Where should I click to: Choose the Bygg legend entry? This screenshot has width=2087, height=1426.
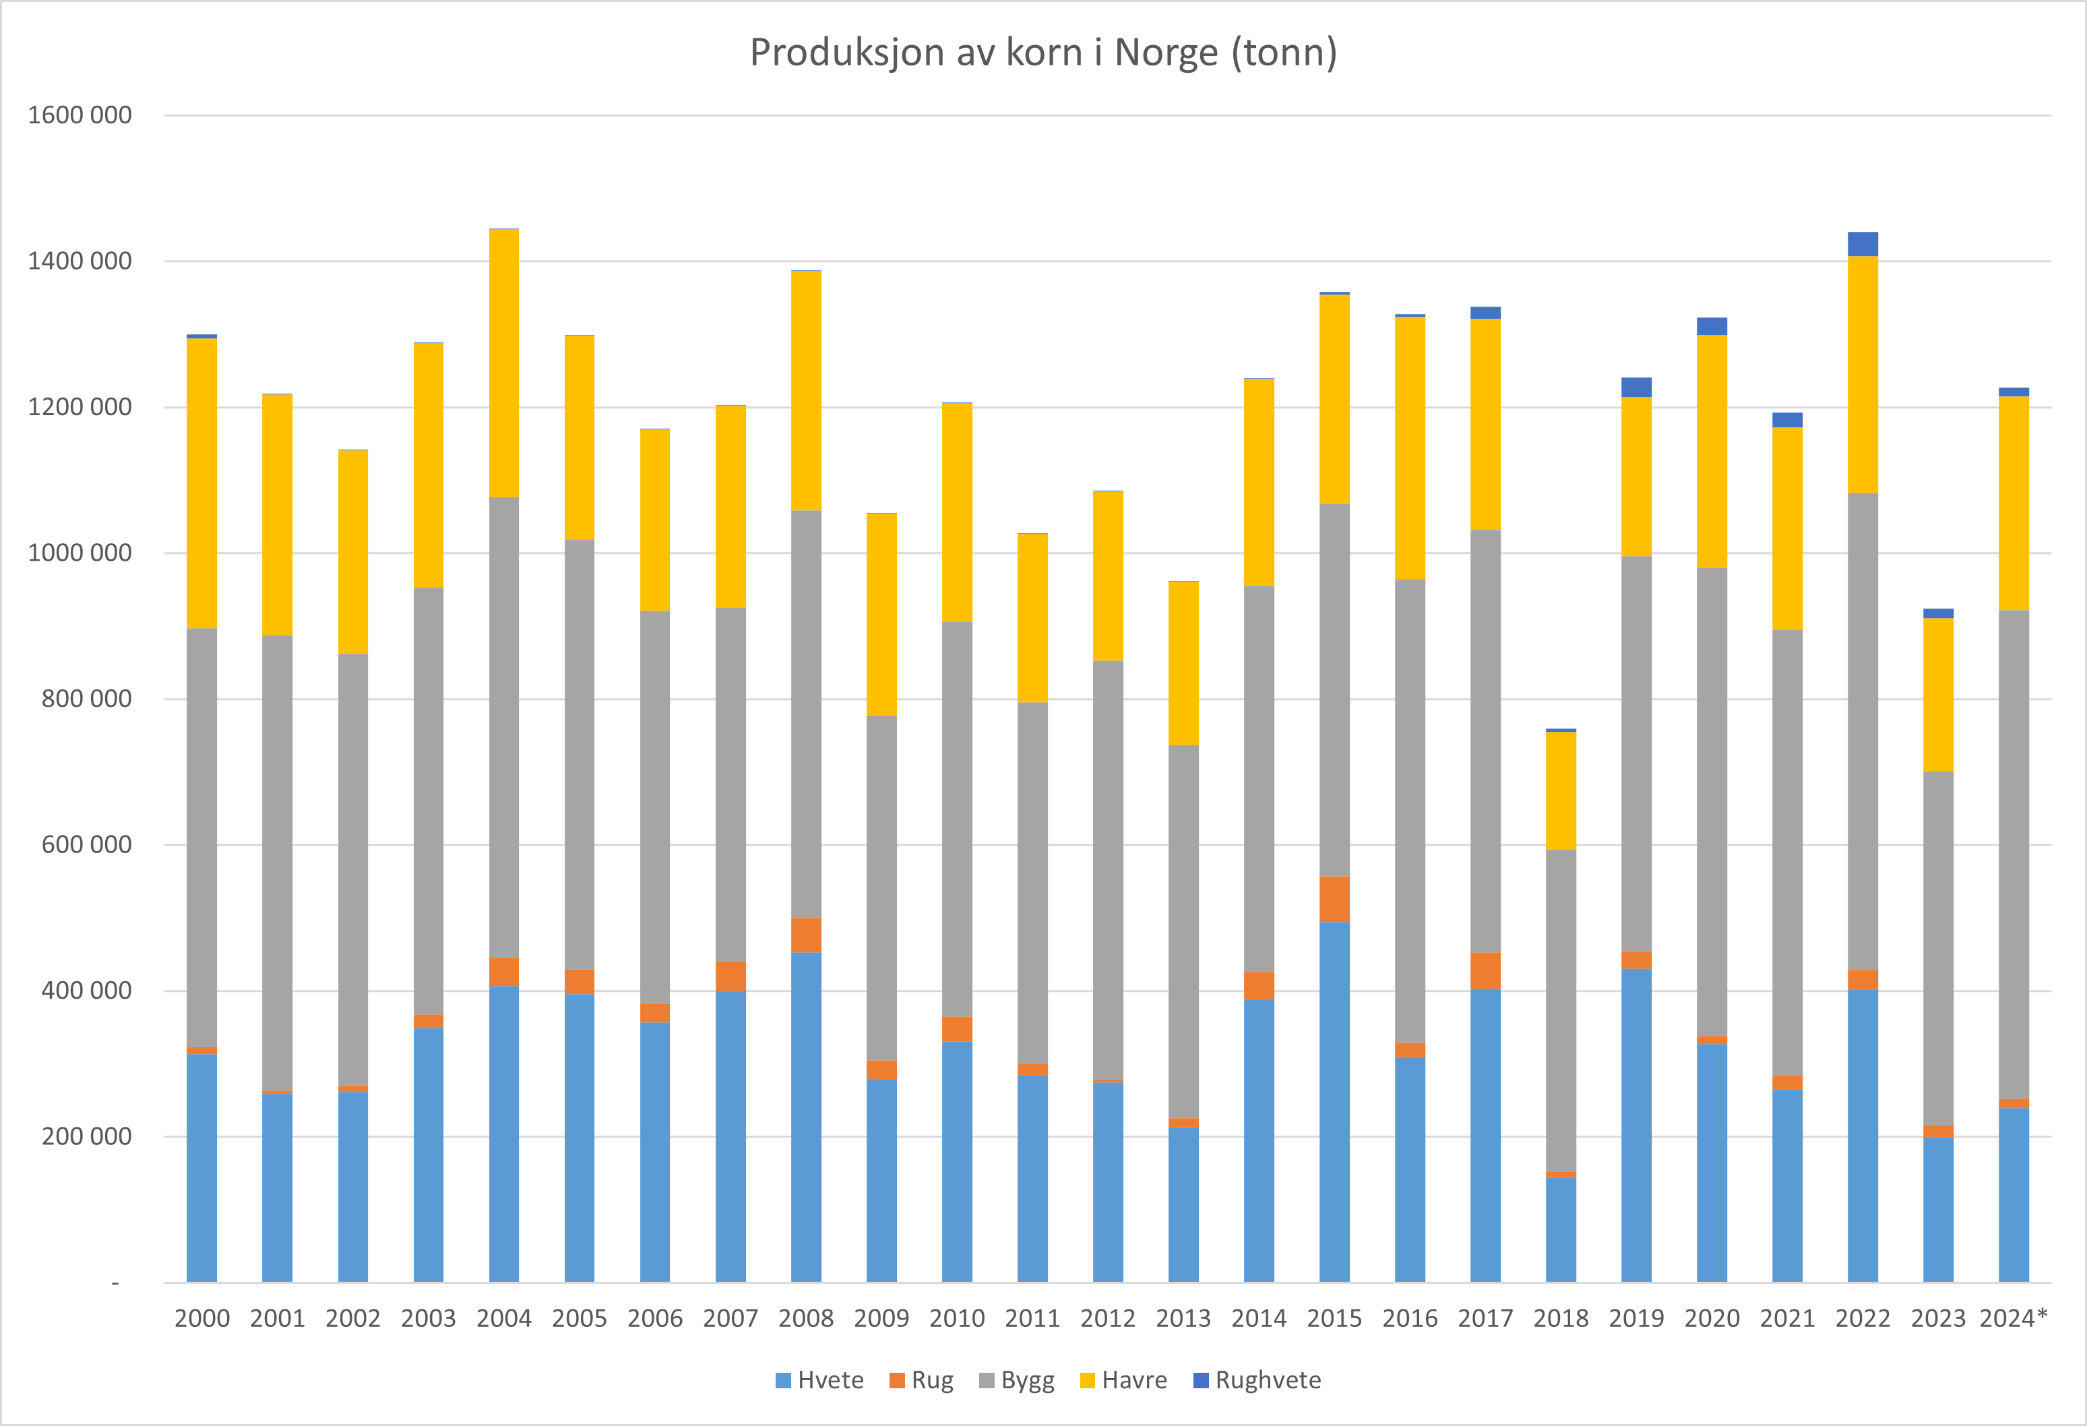pyautogui.click(x=1017, y=1380)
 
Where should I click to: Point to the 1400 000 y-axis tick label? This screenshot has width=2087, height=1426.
pyautogui.click(x=80, y=261)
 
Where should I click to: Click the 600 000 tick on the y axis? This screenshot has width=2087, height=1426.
pyautogui.click(x=86, y=845)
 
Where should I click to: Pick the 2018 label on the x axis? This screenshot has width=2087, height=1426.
pyautogui.click(x=1561, y=1318)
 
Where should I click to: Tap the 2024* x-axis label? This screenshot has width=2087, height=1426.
pyautogui.click(x=2014, y=1318)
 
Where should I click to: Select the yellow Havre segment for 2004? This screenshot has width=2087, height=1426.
pyautogui.click(x=504, y=363)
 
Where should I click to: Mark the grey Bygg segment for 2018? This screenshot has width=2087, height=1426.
pyautogui.click(x=1561, y=1010)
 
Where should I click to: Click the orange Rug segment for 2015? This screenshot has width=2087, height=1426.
pyautogui.click(x=1334, y=899)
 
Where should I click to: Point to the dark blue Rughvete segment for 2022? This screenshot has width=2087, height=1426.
pyautogui.click(x=1863, y=244)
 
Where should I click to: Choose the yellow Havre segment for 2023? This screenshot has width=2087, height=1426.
pyautogui.click(x=1938, y=694)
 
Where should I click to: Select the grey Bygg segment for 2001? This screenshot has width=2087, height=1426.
pyautogui.click(x=278, y=863)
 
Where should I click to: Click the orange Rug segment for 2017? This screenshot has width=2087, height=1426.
pyautogui.click(x=1485, y=970)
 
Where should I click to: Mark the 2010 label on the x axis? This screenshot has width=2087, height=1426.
pyautogui.click(x=958, y=1318)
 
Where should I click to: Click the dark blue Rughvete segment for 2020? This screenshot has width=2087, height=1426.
pyautogui.click(x=1712, y=326)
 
